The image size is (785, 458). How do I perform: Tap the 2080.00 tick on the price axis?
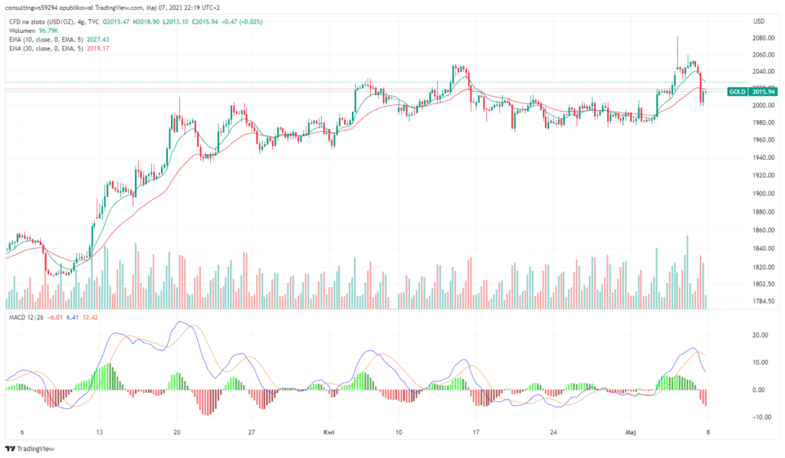click(762, 38)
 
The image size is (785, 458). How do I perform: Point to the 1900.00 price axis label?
click(762, 194)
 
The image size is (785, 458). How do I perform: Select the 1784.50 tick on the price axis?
click(762, 301)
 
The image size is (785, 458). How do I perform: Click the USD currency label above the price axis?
click(760, 21)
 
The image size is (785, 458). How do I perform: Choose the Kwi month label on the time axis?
click(329, 432)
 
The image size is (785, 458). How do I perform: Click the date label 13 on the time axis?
click(99, 432)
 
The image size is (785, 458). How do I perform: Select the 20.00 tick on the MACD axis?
click(759, 335)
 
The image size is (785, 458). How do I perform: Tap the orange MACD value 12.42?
click(90, 317)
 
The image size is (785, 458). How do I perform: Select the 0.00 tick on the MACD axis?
click(760, 390)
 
